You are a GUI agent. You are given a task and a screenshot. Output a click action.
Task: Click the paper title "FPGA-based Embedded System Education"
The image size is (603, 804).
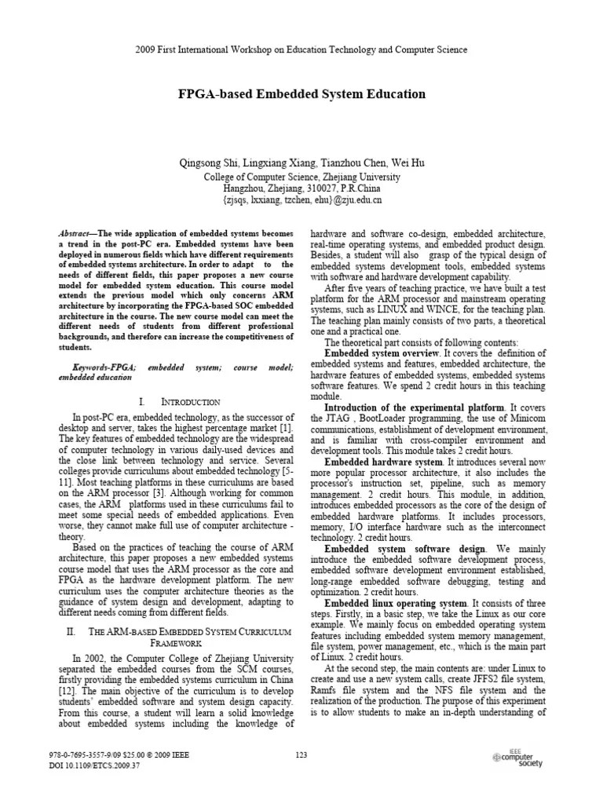pos(301,94)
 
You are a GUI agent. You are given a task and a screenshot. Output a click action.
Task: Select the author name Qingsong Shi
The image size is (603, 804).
pos(208,163)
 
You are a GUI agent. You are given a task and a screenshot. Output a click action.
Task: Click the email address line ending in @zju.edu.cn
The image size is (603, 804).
pos(301,200)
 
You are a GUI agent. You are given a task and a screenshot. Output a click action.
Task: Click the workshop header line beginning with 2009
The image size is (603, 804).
pos(301,49)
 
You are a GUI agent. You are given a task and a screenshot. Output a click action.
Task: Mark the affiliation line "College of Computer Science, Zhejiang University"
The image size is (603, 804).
pos(301,177)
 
